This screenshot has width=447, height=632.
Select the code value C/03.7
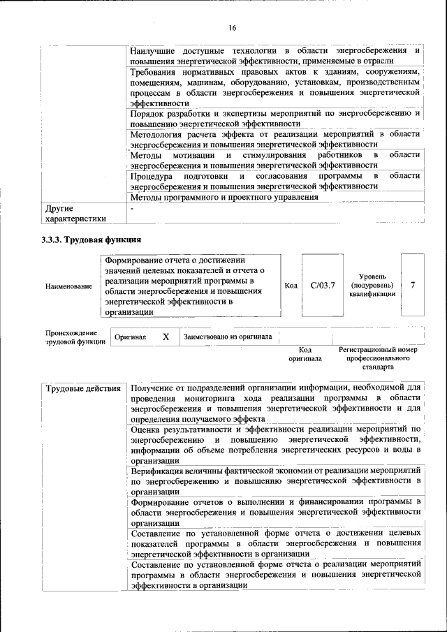(322, 285)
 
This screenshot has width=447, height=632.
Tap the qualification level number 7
(413, 285)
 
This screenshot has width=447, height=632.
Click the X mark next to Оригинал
(166, 337)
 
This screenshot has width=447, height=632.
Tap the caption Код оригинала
(305, 353)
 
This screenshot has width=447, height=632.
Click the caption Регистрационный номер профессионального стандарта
(378, 358)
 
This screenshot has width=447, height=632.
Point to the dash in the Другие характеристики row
(132, 208)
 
